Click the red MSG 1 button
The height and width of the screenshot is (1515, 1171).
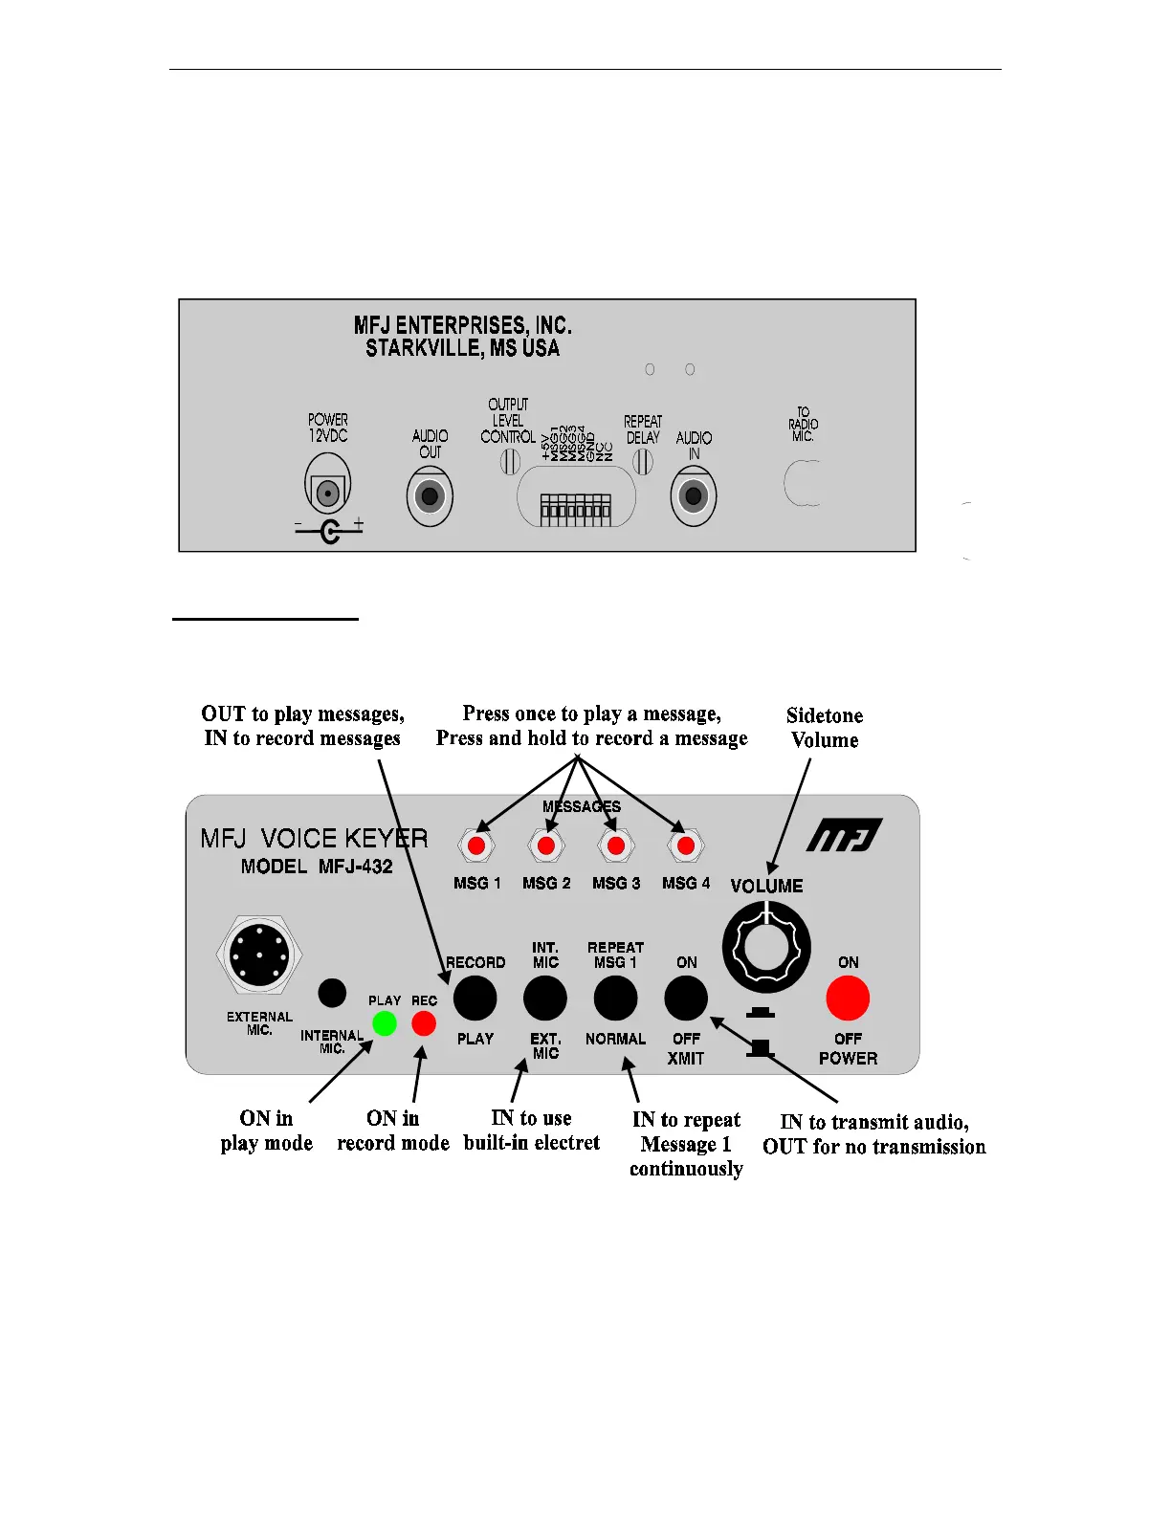pos(476,845)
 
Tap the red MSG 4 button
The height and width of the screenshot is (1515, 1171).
pos(685,845)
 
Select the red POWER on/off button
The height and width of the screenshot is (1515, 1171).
pos(848,999)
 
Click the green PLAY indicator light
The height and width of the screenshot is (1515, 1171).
pos(385,1023)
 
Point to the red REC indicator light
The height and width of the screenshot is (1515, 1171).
pos(424,1023)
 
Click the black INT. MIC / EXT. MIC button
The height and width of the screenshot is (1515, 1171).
pos(545,999)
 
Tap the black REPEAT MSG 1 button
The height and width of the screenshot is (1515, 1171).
pos(615,999)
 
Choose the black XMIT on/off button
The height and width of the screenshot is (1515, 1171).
pos(686,999)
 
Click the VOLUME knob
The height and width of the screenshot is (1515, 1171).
pos(765,947)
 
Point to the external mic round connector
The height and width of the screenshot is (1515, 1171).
pos(259,955)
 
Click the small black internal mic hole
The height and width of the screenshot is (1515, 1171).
pos(332,993)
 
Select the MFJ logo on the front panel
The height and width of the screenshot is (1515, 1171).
pos(843,835)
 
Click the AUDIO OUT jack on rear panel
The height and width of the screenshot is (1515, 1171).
pos(430,497)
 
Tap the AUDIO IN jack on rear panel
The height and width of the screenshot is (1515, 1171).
pos(694,497)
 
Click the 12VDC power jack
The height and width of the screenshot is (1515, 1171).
pos(328,494)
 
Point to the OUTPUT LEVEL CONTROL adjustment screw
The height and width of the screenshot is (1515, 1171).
pos(511,462)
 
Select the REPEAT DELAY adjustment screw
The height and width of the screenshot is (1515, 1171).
pos(643,462)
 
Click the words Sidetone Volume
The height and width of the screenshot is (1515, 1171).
pos(824,728)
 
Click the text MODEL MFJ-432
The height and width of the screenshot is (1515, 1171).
pos(317,867)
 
